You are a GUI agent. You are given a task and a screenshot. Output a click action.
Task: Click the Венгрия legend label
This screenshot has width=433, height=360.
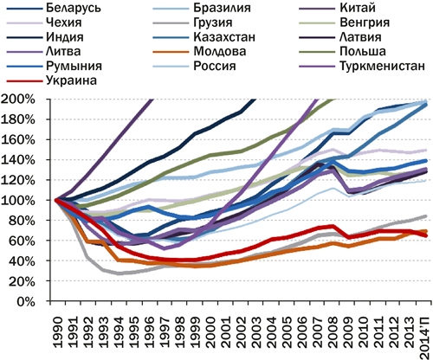coord(346,23)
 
